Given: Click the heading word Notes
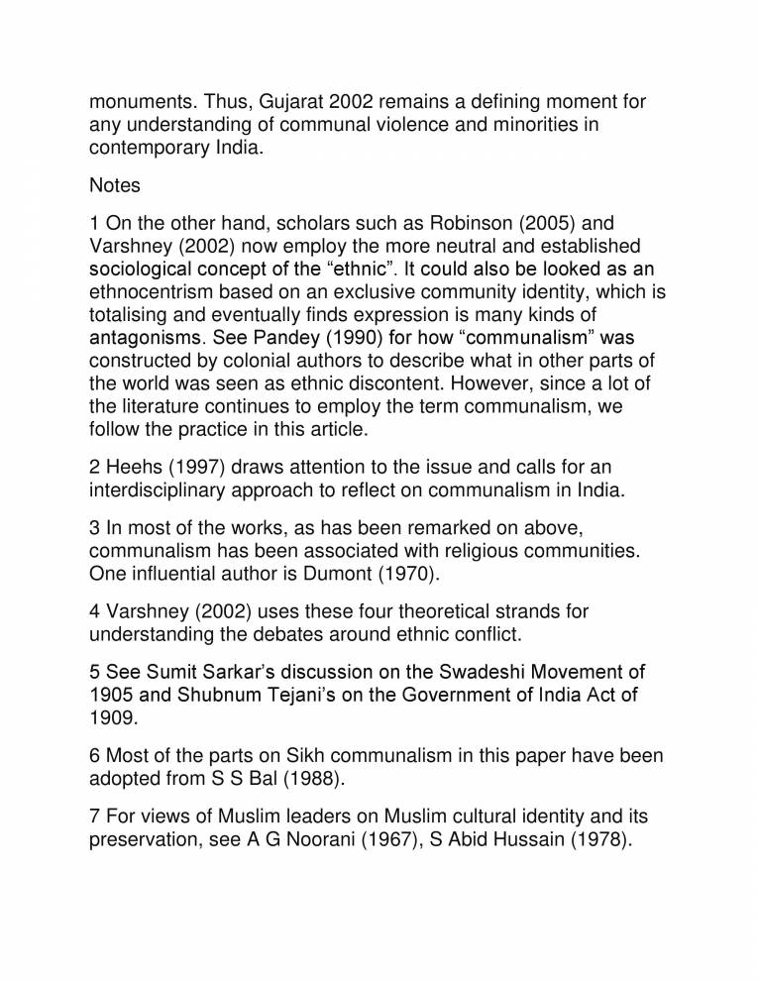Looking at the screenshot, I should click(115, 185).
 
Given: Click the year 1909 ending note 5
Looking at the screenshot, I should click(111, 719).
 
